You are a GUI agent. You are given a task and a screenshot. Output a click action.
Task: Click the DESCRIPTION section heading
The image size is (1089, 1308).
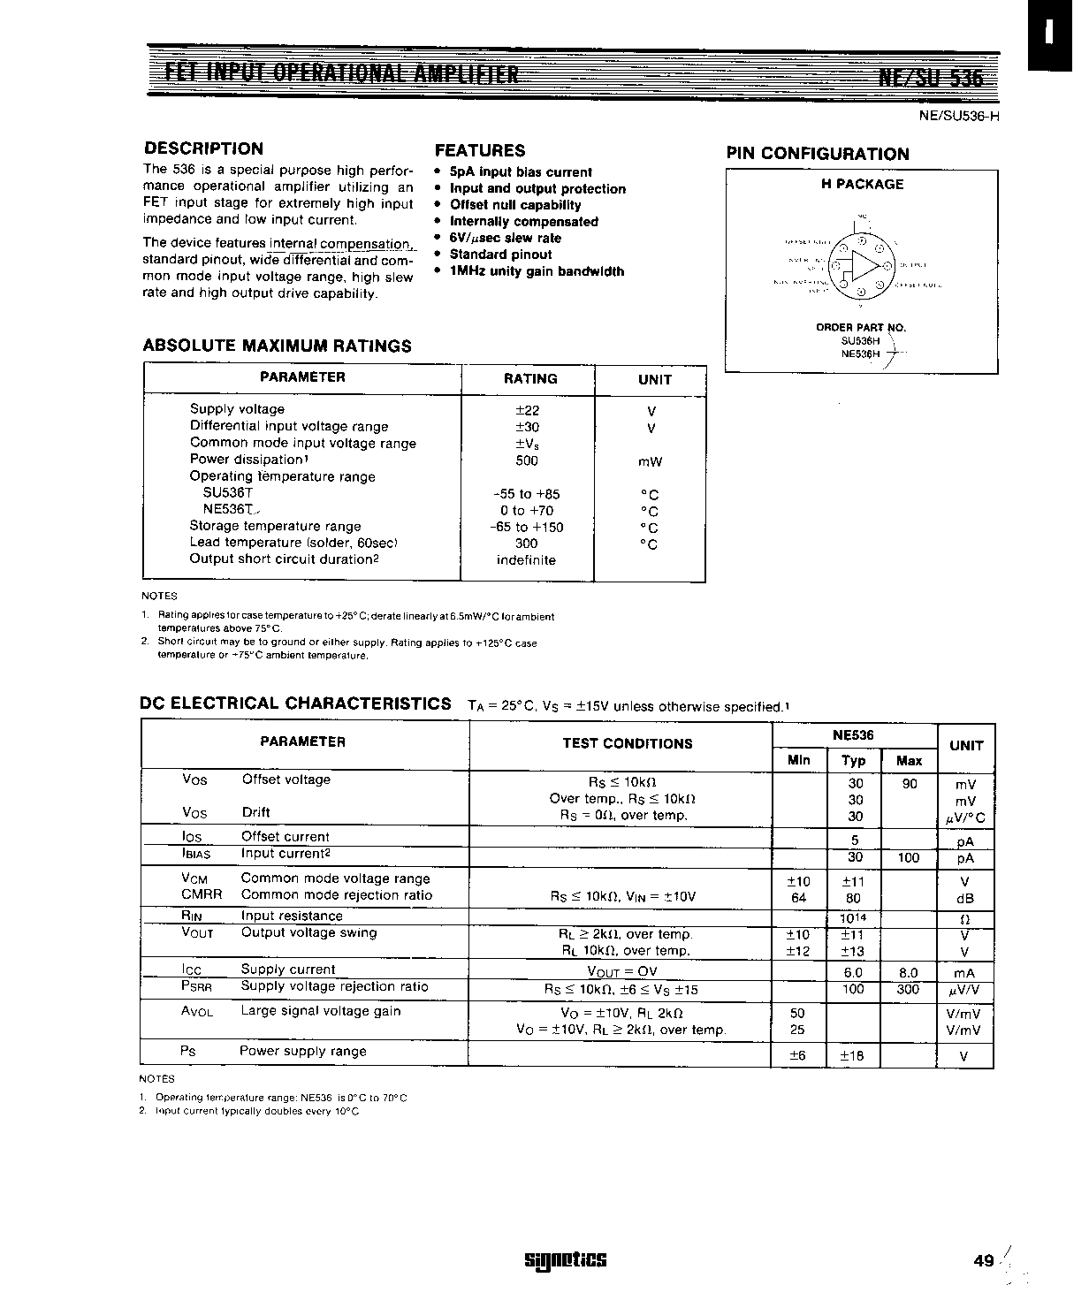(203, 148)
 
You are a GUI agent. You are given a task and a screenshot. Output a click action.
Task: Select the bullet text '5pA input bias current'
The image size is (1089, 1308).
(520, 172)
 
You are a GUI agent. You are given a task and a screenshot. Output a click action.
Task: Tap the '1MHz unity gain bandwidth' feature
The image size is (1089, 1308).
(537, 271)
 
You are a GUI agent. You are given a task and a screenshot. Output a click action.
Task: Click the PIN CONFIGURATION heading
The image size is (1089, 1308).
(818, 154)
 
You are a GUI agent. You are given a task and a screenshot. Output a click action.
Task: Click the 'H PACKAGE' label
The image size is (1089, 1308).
(862, 185)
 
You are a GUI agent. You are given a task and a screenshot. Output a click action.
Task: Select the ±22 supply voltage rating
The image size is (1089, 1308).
(528, 410)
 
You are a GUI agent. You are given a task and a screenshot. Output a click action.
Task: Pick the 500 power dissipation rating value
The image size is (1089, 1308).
(526, 460)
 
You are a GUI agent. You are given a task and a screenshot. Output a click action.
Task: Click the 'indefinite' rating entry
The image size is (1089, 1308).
(526, 560)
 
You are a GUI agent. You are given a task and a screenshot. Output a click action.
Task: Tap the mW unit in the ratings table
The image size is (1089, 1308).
(650, 461)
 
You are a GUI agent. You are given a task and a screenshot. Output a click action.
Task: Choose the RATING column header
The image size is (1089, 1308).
(530, 379)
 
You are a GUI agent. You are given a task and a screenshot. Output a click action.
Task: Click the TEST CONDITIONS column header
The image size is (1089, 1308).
(628, 743)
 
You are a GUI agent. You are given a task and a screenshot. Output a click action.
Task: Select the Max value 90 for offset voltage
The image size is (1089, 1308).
(910, 783)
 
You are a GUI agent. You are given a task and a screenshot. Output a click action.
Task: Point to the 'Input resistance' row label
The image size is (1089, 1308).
(292, 916)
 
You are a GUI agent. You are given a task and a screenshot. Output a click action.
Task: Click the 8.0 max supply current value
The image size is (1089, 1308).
(908, 972)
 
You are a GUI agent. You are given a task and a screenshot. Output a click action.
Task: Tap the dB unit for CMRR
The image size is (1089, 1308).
(964, 899)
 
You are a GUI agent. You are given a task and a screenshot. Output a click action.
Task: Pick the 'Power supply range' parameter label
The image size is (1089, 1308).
(302, 1051)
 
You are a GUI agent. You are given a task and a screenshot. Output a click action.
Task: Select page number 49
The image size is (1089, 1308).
(983, 1261)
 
